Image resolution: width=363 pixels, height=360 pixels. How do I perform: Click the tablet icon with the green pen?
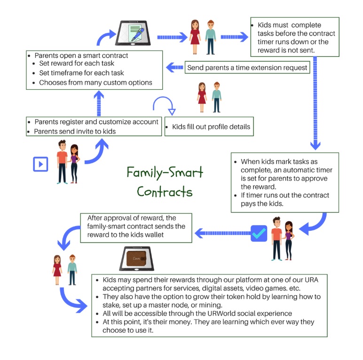(x=135, y=34)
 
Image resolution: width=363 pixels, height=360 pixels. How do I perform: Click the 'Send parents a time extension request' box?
(x=247, y=68)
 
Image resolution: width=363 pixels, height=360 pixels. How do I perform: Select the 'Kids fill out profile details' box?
(x=209, y=127)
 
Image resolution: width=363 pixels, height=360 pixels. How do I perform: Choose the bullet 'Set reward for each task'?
(x=77, y=63)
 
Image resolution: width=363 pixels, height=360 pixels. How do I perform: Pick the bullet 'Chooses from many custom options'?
(x=95, y=83)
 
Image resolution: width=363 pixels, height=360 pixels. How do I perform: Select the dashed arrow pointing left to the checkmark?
(x=219, y=233)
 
